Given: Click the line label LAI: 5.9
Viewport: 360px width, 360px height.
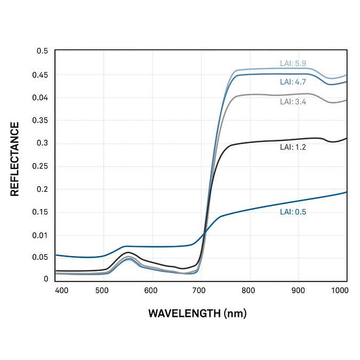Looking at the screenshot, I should (293, 63).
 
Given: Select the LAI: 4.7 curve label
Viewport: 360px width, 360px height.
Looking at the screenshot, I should (293, 82).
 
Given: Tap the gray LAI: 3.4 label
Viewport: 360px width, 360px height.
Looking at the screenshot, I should (293, 101).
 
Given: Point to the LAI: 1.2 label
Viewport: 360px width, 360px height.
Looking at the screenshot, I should (293, 147).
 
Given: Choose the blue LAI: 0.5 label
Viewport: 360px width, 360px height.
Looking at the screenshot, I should (293, 212).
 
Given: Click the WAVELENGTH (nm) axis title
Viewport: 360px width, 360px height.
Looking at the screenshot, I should (197, 313).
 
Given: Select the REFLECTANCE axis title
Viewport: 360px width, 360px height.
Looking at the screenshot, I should (15, 159).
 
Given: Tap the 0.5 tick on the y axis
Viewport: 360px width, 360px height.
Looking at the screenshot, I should (42, 51).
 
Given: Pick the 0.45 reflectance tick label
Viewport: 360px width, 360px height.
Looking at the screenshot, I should (40, 75).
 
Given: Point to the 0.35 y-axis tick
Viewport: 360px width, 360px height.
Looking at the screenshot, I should (40, 121).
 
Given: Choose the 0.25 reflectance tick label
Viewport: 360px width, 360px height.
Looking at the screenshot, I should (40, 166).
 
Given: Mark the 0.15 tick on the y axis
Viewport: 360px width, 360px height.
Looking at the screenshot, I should (40, 212).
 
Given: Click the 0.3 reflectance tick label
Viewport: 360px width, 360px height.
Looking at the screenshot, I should (42, 143).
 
